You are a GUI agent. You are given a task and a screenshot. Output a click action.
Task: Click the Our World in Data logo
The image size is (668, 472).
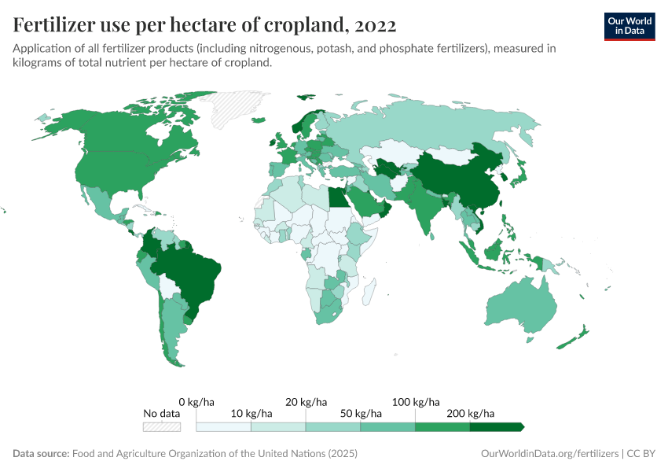tap(629, 26)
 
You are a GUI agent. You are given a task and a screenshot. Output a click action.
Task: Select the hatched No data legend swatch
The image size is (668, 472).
tap(161, 427)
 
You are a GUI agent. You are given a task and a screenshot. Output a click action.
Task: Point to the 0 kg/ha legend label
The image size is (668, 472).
tap(197, 402)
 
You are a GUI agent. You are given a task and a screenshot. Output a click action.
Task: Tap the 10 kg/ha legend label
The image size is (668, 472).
tap(252, 413)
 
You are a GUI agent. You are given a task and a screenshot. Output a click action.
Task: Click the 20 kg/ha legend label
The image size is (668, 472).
tap(306, 402)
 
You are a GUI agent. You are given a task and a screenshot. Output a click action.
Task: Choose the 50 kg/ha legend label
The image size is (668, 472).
tap(362, 413)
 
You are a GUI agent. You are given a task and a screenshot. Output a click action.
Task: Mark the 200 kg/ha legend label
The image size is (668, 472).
tap(471, 413)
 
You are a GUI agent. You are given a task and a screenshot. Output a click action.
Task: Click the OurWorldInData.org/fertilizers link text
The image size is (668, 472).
tap(549, 454)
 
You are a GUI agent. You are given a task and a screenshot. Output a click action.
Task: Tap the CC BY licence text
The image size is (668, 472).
tap(640, 454)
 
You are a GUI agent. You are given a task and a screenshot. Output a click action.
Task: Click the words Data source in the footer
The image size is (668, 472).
tap(41, 454)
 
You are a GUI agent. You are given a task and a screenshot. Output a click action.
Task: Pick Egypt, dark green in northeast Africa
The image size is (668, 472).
tap(336, 196)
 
